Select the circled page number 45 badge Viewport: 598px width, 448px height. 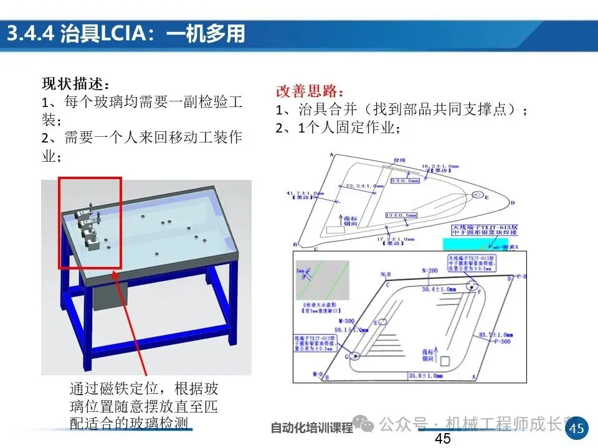click(x=577, y=428)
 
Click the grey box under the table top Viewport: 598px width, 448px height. click(x=110, y=292)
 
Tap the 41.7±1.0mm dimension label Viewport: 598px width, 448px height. click(x=305, y=194)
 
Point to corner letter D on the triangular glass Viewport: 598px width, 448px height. click(x=513, y=203)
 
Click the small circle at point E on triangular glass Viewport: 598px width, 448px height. click(x=477, y=195)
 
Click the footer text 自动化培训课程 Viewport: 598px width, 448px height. click(x=311, y=428)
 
